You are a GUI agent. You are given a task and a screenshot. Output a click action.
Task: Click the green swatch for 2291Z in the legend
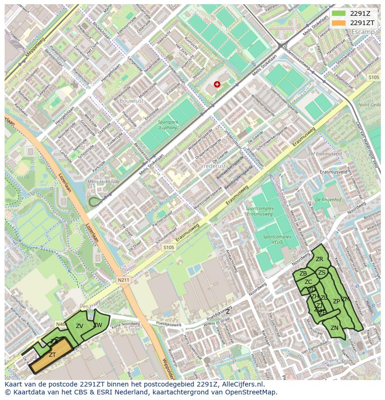(x=339, y=13)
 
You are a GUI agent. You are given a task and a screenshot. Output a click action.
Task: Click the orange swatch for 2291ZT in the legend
(x=339, y=23)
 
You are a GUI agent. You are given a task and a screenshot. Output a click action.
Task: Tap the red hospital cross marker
(x=217, y=84)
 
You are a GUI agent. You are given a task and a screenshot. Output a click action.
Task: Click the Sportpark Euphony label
(x=168, y=125)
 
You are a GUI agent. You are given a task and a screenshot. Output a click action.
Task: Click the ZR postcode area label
(x=319, y=259)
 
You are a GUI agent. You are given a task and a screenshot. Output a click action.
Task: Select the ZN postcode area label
(x=334, y=328)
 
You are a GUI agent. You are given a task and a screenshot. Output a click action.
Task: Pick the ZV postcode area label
(x=80, y=326)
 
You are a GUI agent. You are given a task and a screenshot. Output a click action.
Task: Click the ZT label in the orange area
(x=53, y=355)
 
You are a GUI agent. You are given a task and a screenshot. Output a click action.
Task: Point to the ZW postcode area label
(x=98, y=325)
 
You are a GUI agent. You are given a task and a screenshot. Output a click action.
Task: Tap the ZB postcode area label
(x=303, y=274)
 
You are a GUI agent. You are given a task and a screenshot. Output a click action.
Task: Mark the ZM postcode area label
(x=345, y=299)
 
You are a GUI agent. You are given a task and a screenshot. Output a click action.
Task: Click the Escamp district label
(x=363, y=32)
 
